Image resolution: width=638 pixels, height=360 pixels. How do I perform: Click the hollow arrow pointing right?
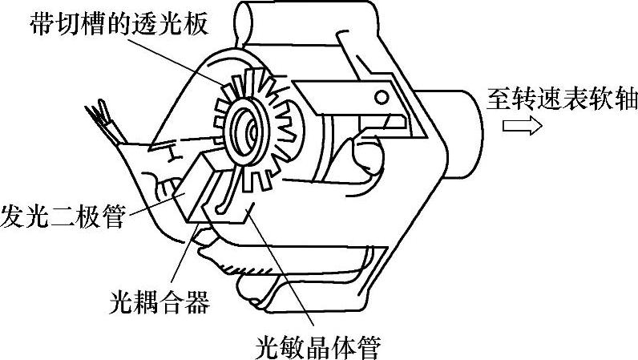coord(522,126)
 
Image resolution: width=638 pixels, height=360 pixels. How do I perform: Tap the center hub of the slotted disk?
coord(248,127)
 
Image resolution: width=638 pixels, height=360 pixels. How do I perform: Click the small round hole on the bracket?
coord(382,97)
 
